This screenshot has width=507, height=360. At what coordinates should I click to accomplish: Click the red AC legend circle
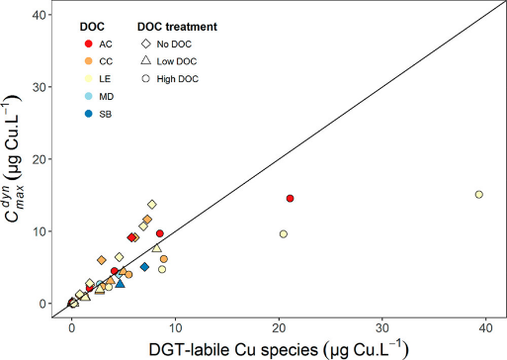(x=90, y=44)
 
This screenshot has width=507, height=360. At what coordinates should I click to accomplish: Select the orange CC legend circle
(x=90, y=61)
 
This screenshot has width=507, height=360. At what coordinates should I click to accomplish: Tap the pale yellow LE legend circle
(x=90, y=79)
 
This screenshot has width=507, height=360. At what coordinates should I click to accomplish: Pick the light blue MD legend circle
(x=90, y=97)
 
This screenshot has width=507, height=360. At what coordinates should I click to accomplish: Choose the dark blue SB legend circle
(x=90, y=115)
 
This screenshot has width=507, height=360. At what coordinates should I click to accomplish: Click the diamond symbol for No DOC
(x=145, y=44)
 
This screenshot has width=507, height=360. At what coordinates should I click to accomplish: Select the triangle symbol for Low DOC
(x=145, y=61)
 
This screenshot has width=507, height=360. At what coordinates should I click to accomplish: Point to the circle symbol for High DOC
(x=145, y=79)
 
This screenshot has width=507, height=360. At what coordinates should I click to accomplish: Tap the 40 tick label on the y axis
(x=44, y=15)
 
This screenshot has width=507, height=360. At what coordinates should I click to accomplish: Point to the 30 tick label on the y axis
(x=44, y=87)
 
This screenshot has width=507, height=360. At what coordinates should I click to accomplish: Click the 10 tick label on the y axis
(x=44, y=231)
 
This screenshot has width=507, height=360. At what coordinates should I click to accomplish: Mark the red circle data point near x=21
(x=290, y=199)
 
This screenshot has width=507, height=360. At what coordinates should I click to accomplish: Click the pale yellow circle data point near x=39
(x=478, y=195)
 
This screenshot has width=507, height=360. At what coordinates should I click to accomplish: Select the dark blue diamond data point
(x=144, y=267)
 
